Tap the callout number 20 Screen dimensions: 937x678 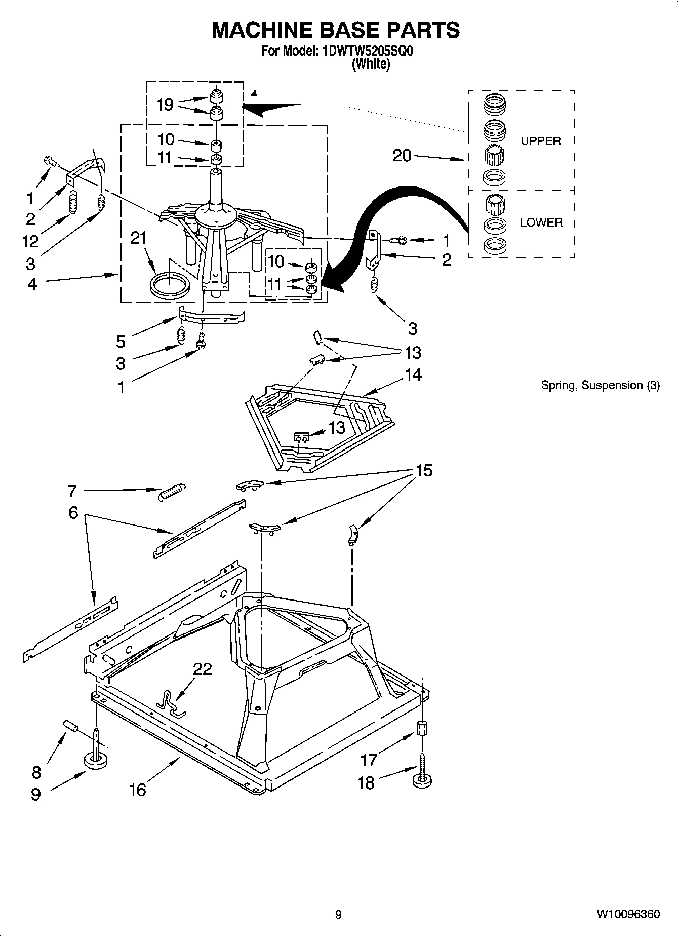[x=402, y=155]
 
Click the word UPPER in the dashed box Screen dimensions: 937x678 [x=541, y=141]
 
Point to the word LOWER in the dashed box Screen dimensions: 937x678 [x=541, y=222]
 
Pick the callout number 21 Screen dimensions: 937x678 [x=138, y=238]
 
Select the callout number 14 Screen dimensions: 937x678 [x=413, y=374]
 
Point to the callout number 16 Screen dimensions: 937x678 [x=137, y=789]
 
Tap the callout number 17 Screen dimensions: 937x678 [x=369, y=760]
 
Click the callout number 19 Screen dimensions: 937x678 [x=165, y=105]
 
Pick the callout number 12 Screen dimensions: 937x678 [x=31, y=241]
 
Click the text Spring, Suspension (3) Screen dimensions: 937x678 [x=600, y=385]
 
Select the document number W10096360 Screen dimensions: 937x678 [x=628, y=915]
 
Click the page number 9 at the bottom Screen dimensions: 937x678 [x=338, y=915]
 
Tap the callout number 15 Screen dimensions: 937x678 [x=424, y=470]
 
